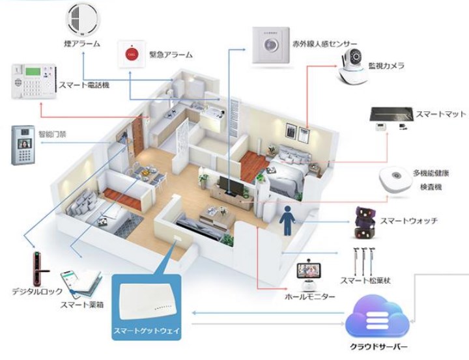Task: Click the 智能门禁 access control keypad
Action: [x=23, y=145]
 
